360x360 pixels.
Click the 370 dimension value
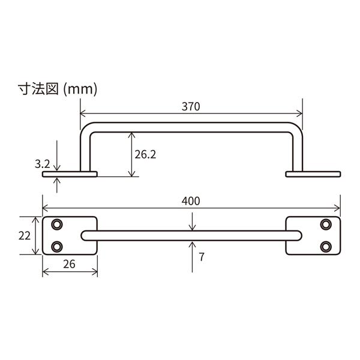pyautogui.click(x=191, y=107)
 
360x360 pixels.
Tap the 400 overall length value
pyautogui.click(x=191, y=201)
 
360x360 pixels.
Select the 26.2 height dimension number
pyautogui.click(x=145, y=155)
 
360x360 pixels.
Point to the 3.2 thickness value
pyautogui.click(x=42, y=164)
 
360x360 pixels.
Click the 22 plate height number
pyautogui.click(x=25, y=236)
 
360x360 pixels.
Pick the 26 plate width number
pyautogui.click(x=69, y=264)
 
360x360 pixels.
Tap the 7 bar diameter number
pyautogui.click(x=202, y=257)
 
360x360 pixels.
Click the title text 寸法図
pyautogui.click(x=38, y=89)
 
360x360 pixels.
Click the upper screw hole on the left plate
pyautogui.click(x=57, y=224)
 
